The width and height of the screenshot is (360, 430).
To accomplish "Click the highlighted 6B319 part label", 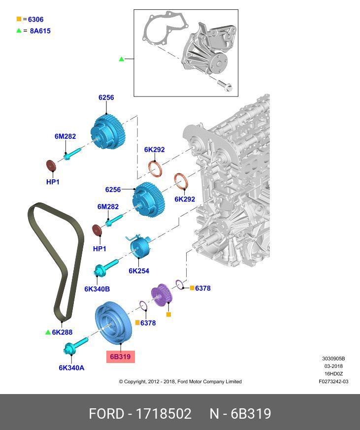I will coord(121,357).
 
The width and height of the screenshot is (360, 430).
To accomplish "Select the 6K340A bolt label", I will coord(71,367).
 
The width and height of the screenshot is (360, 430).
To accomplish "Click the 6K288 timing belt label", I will coord(62,332).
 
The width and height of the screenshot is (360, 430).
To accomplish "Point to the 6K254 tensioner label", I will coord(139,270).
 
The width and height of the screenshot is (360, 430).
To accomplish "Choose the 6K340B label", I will coord(97,289).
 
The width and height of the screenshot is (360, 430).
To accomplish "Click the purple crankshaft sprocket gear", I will coord(161,296).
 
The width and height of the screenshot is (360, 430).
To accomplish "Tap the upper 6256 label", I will coord(106,98).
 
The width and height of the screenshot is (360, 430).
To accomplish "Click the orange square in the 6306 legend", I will coord(19,19).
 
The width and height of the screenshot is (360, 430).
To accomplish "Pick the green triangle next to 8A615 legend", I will coord(19,31).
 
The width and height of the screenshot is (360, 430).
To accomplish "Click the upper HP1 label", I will coord(53,182).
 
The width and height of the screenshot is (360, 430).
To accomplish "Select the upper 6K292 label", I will coord(154,150).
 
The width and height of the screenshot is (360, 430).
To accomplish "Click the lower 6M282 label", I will coord(108,207).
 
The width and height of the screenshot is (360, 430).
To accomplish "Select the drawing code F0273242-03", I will coord(333,381).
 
